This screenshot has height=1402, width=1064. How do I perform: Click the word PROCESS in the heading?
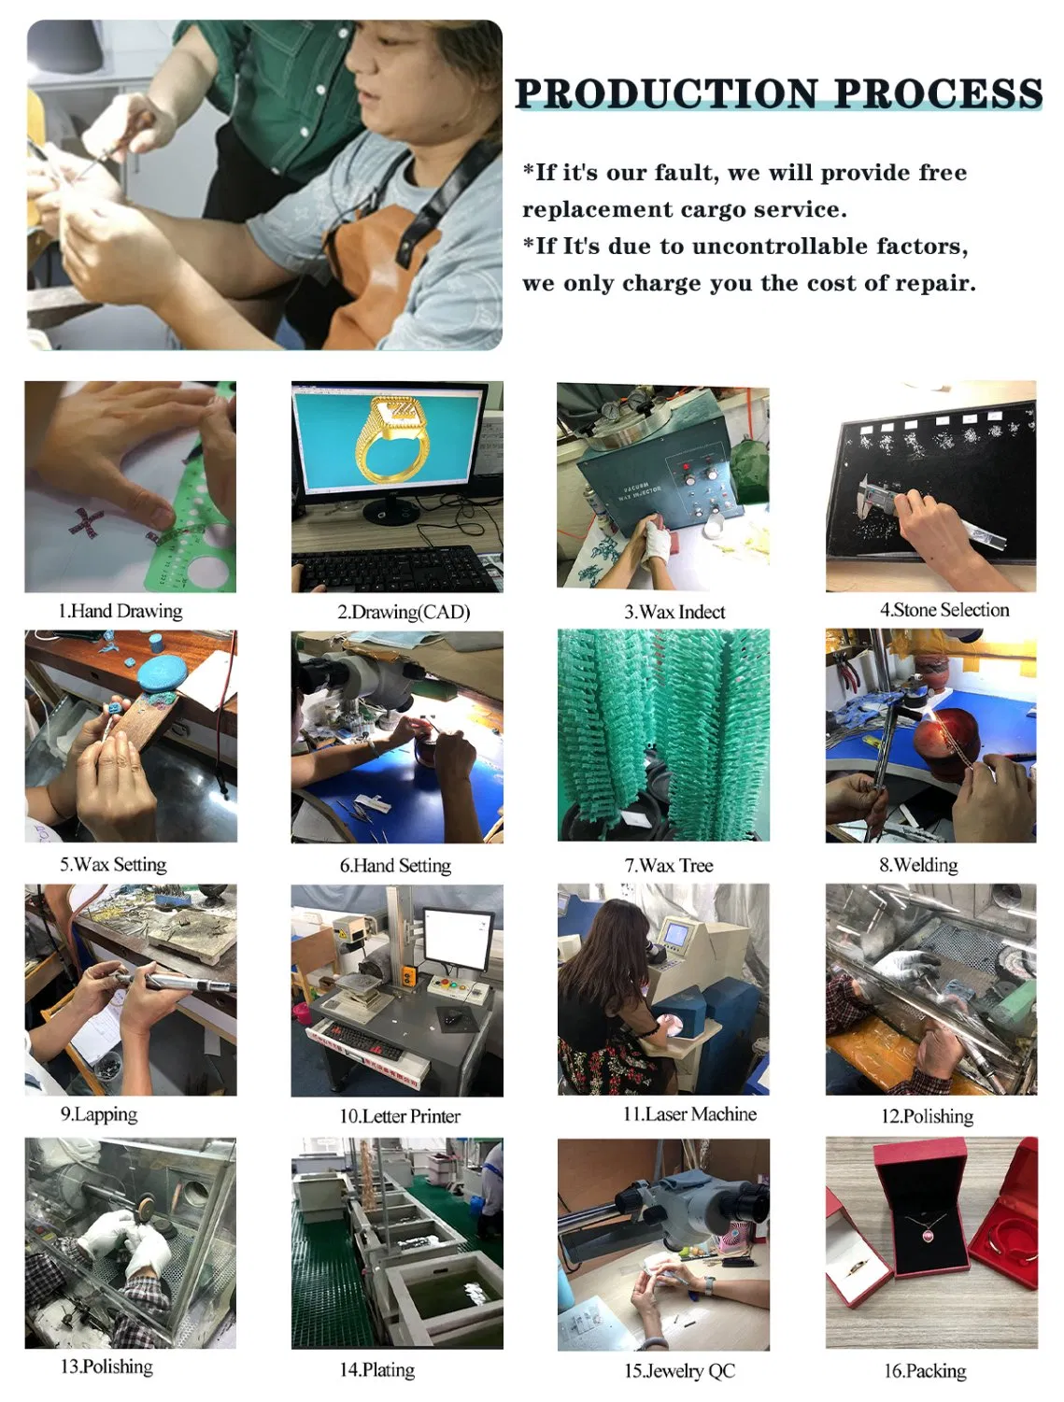[x=937, y=93]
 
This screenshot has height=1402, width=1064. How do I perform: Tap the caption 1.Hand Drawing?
[x=121, y=611]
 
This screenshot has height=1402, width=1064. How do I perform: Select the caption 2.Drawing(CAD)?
[x=404, y=612]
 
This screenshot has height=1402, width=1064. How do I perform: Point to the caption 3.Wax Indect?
[x=674, y=612]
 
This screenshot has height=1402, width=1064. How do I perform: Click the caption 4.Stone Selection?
[x=944, y=610]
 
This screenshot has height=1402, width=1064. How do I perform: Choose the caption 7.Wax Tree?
[x=669, y=865]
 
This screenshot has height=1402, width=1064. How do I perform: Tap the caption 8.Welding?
[x=918, y=865]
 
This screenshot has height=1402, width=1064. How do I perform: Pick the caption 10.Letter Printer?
[x=400, y=1115]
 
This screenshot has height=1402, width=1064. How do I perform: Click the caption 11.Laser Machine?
[x=689, y=1113]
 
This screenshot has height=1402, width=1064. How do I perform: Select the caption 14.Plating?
[x=377, y=1369]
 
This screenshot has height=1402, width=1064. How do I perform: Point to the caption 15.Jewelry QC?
[x=679, y=1370]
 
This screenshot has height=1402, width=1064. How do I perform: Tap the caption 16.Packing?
[x=925, y=1370]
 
